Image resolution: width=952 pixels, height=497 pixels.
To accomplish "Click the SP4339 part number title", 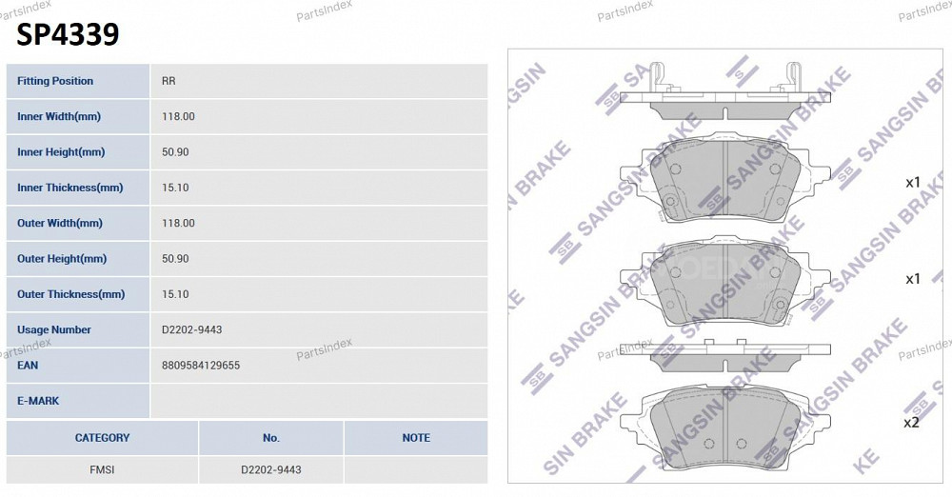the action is (68, 34).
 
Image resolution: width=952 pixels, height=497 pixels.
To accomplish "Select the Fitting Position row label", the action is (55, 81).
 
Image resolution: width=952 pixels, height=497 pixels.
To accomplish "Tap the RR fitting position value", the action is (169, 81).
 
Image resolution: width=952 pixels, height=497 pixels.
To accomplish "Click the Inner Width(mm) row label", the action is (59, 117).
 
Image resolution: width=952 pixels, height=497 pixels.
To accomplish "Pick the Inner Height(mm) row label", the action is (61, 152).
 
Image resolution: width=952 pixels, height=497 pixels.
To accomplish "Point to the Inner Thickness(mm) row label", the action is (69, 188).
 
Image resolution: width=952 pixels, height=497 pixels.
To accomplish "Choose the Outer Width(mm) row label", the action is (59, 223).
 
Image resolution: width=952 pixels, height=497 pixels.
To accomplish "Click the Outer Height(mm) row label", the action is (62, 259).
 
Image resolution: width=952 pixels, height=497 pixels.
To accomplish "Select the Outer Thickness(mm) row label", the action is (71, 294).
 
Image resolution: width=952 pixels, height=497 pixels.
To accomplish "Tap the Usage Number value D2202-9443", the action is (192, 330).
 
